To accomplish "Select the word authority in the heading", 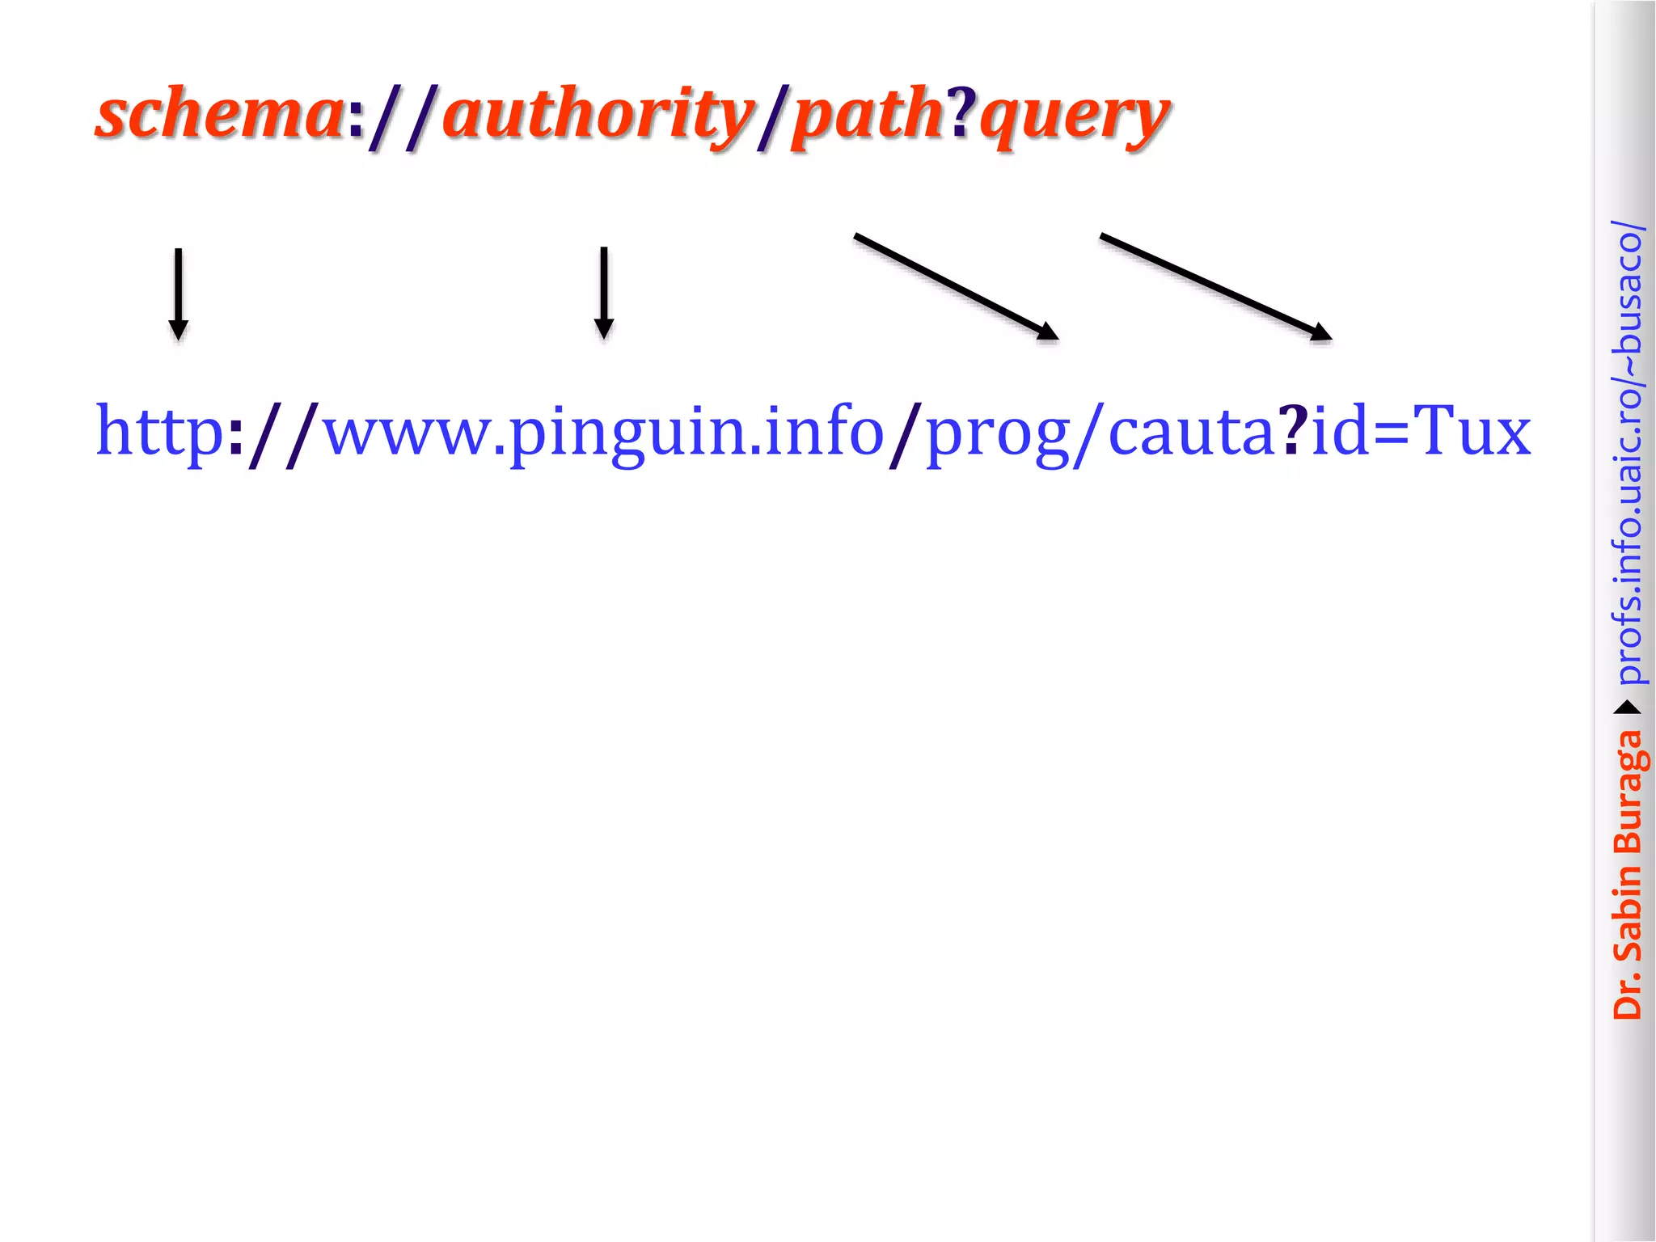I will pos(598,116).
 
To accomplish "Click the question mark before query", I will pos(962,113).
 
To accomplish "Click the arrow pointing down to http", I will pos(178,294).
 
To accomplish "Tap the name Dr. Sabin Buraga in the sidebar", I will pos(1627,874).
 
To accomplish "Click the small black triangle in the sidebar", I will pos(1627,708).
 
